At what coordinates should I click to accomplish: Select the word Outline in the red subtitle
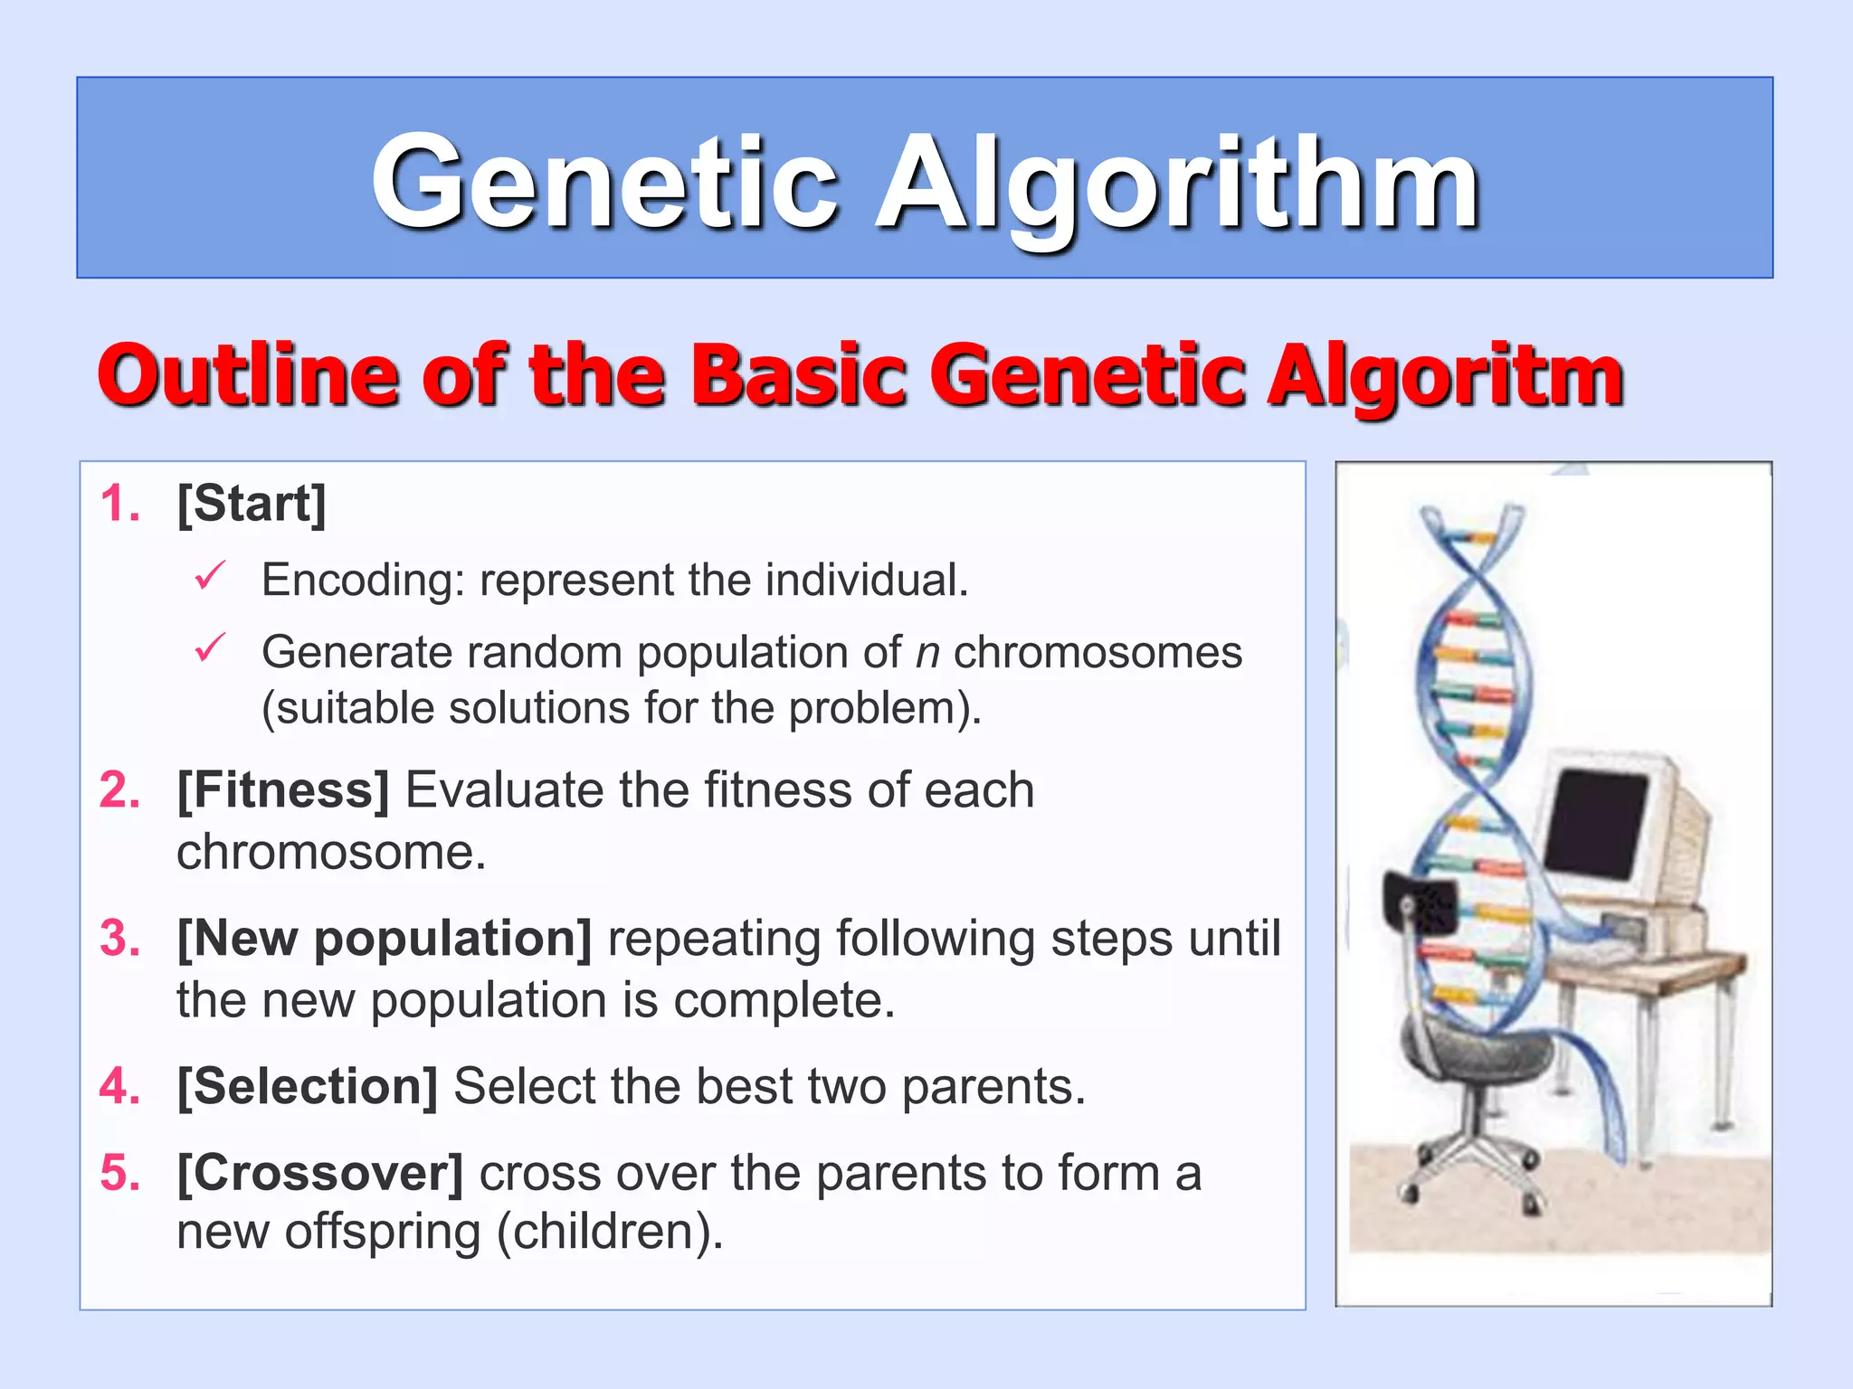pyautogui.click(x=247, y=373)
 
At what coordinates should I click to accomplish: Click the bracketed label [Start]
pyautogui.click(x=251, y=504)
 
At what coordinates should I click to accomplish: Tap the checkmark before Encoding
pyautogui.click(x=209, y=576)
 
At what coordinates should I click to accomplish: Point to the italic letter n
pyautogui.click(x=927, y=653)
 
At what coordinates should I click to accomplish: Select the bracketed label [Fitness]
pyautogui.click(x=282, y=790)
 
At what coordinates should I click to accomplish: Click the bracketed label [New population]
pyautogui.click(x=385, y=939)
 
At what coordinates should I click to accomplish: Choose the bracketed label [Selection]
pyautogui.click(x=308, y=1086)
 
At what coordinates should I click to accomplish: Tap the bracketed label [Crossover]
pyautogui.click(x=319, y=1173)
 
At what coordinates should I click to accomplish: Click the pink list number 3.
pyautogui.click(x=119, y=939)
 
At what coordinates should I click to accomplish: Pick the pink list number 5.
pyautogui.click(x=119, y=1173)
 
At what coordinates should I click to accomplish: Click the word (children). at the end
pyautogui.click(x=611, y=1232)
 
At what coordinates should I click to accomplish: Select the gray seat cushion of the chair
pyautogui.click(x=1475, y=1054)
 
